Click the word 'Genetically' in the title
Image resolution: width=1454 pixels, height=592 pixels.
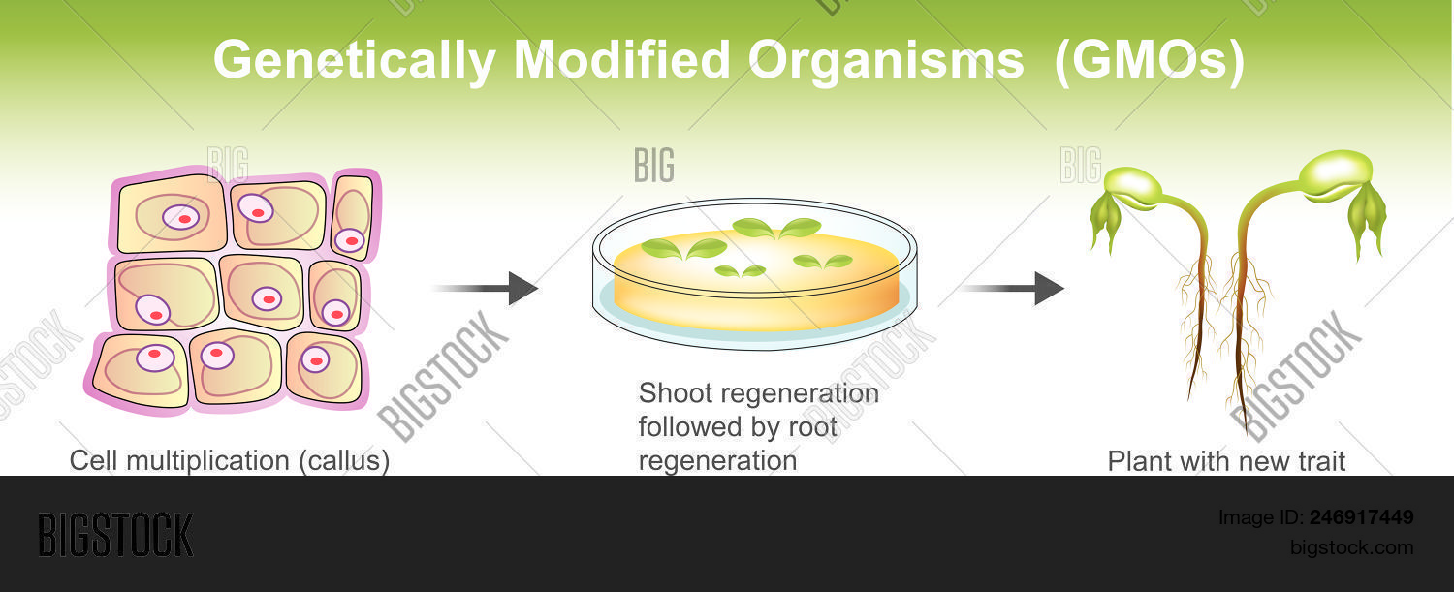point(355,60)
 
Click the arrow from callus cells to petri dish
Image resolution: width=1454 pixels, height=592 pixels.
point(485,289)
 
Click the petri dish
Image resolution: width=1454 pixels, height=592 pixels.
point(755,275)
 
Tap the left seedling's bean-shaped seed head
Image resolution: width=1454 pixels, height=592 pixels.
point(1133,184)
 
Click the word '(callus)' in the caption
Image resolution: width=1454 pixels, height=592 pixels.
point(343,461)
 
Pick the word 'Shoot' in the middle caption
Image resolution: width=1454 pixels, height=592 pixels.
point(675,394)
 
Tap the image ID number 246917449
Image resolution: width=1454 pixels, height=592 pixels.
point(1361,517)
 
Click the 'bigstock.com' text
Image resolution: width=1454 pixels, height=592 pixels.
point(1351,547)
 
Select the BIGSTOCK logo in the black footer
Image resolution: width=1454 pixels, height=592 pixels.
point(115,535)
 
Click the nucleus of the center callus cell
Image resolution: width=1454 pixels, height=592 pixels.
point(267,298)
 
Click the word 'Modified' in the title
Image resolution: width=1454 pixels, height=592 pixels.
point(621,60)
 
